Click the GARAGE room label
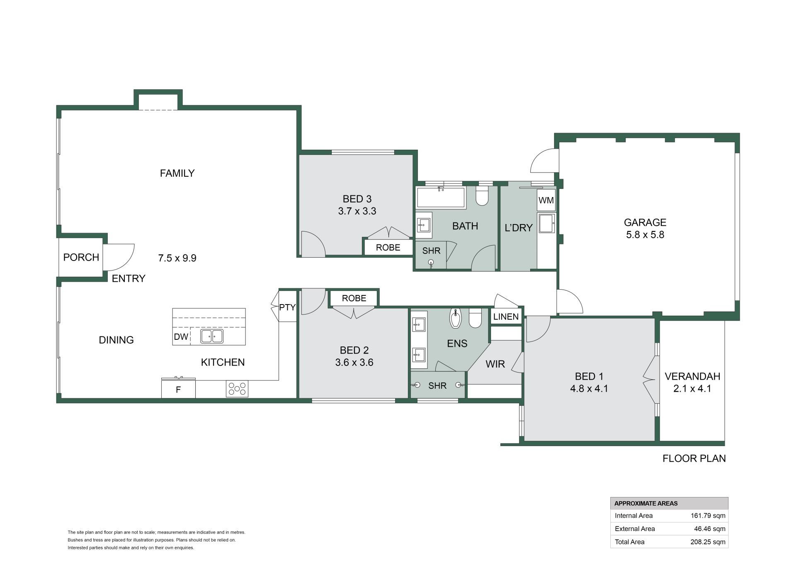645,222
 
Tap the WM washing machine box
546,200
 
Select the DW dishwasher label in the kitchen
181,336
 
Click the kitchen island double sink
212,336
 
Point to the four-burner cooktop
237,389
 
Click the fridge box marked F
178,389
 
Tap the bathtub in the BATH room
440,197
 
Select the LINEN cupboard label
506,317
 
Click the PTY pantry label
287,307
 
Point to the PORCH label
81,257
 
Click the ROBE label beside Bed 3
388,248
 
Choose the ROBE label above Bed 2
354,298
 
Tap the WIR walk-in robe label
495,364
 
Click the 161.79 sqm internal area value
708,516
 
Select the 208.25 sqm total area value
708,542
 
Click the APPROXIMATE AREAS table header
646,503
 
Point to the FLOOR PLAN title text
694,458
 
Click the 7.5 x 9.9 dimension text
177,258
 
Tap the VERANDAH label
692,376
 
